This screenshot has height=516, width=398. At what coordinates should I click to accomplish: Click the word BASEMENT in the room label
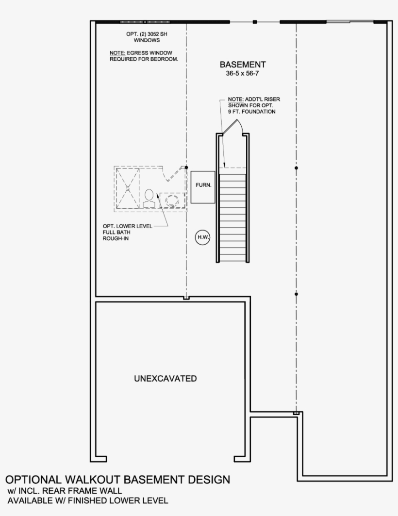tap(243, 65)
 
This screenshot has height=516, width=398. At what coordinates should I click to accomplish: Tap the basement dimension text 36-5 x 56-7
tap(243, 74)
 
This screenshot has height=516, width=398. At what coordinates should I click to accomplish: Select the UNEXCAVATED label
tap(166, 379)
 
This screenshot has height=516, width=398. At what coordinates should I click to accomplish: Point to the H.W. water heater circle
tap(202, 237)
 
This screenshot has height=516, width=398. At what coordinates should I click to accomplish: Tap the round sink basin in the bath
tap(172, 200)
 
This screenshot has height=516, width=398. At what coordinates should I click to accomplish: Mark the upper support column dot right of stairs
tap(296, 168)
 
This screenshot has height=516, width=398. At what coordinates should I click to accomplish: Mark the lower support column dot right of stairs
tap(296, 294)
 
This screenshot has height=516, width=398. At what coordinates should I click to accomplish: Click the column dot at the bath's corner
tap(186, 167)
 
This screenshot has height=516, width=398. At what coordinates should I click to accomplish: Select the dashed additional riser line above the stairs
tap(233, 168)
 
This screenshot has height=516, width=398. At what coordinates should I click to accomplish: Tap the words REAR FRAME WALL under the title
tap(79, 491)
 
